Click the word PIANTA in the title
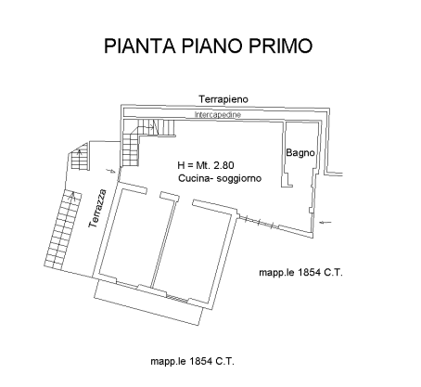click(x=140, y=45)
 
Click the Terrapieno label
click(x=223, y=99)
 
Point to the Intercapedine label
click(x=218, y=115)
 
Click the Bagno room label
click(x=300, y=153)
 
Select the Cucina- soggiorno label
click(x=220, y=178)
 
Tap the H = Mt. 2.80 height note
click(x=206, y=165)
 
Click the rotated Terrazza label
click(x=97, y=209)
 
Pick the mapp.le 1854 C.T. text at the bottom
click(x=192, y=361)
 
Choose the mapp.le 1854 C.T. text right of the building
click(x=300, y=273)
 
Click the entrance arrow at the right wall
click(x=325, y=222)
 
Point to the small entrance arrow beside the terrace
click(x=110, y=171)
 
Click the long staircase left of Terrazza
click(x=63, y=229)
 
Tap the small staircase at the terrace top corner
click(x=81, y=157)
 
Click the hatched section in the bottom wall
click(x=177, y=299)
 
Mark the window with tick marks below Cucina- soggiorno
click(x=259, y=222)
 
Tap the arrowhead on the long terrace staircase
click(x=73, y=194)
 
